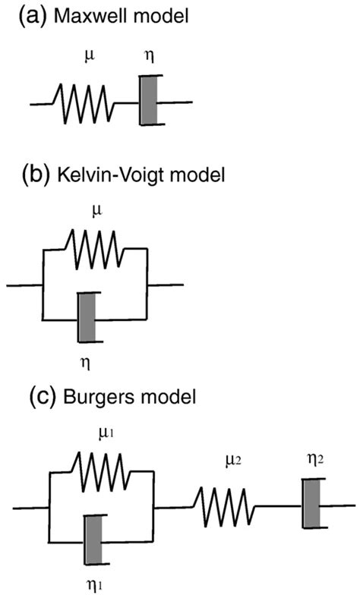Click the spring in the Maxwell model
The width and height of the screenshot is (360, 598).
[x=83, y=102]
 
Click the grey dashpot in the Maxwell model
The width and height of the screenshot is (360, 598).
[x=149, y=100]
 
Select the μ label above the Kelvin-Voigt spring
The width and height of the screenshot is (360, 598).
[x=93, y=206]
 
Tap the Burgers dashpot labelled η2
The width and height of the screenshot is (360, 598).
[x=310, y=504]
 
